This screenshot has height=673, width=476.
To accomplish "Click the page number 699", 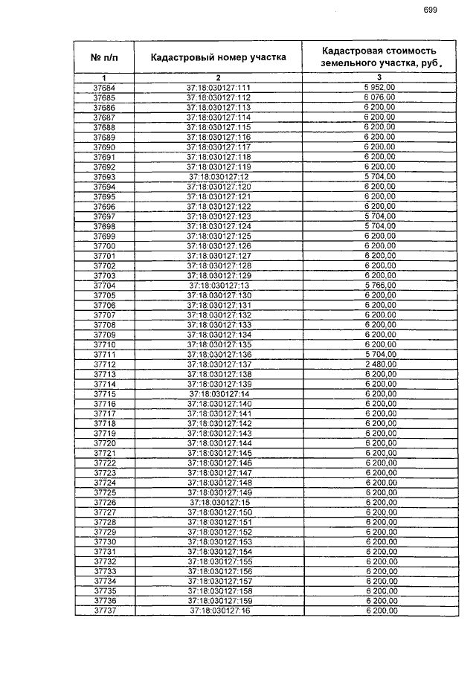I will click(x=430, y=10).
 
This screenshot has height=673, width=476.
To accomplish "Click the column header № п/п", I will click(x=105, y=57).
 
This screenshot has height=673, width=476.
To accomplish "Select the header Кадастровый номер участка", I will click(x=218, y=57).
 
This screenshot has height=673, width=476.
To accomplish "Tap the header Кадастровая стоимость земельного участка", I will click(x=379, y=57).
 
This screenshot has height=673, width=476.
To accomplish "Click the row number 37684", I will click(x=104, y=88).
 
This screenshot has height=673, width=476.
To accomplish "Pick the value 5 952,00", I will click(x=379, y=88).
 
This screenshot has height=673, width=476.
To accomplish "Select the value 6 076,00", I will click(x=379, y=97).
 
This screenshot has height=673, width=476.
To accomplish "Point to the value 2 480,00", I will click(x=379, y=364).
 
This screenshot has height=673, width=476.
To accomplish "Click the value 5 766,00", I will click(x=379, y=286).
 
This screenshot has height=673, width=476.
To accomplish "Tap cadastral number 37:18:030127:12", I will click(x=218, y=177).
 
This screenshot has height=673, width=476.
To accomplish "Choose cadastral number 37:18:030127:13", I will click(x=218, y=286).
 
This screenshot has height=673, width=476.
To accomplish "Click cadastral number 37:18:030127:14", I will click(x=218, y=393).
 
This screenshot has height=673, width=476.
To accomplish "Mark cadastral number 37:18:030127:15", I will click(x=218, y=502).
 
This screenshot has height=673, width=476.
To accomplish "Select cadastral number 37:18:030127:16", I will click(x=218, y=610).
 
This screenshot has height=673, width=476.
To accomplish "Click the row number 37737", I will click(x=104, y=610).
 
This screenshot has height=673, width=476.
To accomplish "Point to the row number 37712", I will click(x=104, y=364).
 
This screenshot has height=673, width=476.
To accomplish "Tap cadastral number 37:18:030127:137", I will click(x=218, y=364).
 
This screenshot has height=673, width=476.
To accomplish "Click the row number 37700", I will click(x=104, y=246).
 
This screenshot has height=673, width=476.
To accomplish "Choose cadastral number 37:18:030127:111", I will click(x=218, y=88).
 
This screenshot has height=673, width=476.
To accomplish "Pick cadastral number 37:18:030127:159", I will click(x=218, y=600).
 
